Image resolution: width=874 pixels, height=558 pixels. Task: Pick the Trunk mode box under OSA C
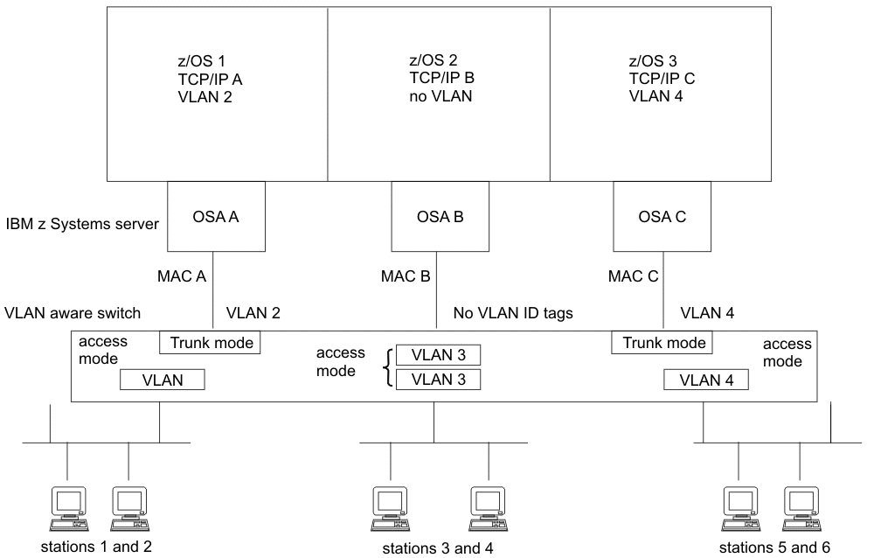pos(663,343)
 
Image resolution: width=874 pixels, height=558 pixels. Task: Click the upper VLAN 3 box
pos(437,355)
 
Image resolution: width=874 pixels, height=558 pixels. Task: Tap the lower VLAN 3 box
pos(437,380)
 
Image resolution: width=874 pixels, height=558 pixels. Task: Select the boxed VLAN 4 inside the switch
pos(705,380)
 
